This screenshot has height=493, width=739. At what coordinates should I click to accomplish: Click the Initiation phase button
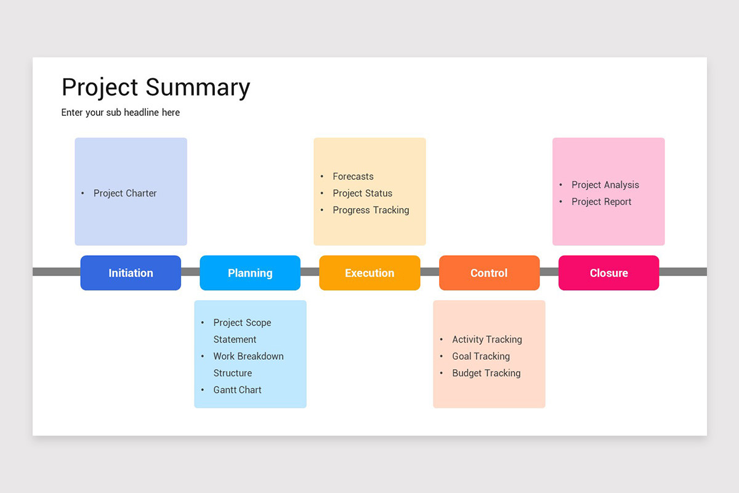click(131, 273)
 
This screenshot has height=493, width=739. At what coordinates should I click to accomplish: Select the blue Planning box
click(250, 273)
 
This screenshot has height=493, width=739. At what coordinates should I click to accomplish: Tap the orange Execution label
click(369, 273)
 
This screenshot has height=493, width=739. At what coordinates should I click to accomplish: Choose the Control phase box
click(489, 273)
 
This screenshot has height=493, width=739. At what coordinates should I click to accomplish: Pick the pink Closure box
click(608, 273)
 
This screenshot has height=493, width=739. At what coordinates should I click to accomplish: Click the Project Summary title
click(156, 87)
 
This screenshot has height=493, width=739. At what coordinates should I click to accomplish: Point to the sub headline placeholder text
click(121, 112)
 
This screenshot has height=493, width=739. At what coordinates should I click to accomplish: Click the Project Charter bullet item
click(125, 193)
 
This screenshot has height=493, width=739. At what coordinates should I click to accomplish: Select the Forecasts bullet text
click(353, 176)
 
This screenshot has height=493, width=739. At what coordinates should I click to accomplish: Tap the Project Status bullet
click(362, 193)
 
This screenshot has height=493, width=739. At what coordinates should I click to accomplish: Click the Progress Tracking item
click(371, 210)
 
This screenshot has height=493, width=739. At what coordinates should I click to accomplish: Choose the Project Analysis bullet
click(605, 185)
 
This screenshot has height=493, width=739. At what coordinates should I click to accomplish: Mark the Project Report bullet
click(601, 202)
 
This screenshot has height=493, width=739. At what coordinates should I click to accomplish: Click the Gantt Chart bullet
click(237, 390)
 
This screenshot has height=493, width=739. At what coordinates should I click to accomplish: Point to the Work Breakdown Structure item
click(248, 364)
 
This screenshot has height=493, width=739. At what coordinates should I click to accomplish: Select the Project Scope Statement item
click(242, 331)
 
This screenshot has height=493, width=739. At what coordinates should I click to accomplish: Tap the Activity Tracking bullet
click(487, 340)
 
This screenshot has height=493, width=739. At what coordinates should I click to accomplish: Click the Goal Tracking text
click(480, 356)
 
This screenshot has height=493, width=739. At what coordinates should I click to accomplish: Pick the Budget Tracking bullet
click(486, 373)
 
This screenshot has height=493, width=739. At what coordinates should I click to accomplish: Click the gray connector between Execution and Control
click(429, 272)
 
